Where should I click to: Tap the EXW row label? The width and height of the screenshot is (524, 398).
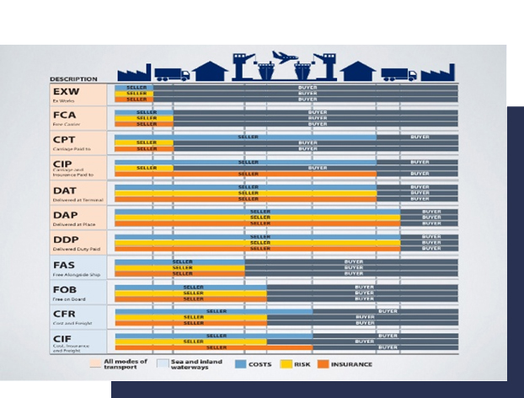click(66, 91)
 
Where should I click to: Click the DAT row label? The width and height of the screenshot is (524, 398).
click(66, 190)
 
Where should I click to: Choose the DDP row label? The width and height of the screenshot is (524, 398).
click(66, 240)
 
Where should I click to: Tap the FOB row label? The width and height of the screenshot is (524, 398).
click(66, 290)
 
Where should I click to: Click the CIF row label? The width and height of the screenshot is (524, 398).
click(66, 339)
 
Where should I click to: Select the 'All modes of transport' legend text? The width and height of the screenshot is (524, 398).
click(126, 364)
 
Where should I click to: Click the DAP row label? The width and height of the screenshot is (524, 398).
click(66, 215)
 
